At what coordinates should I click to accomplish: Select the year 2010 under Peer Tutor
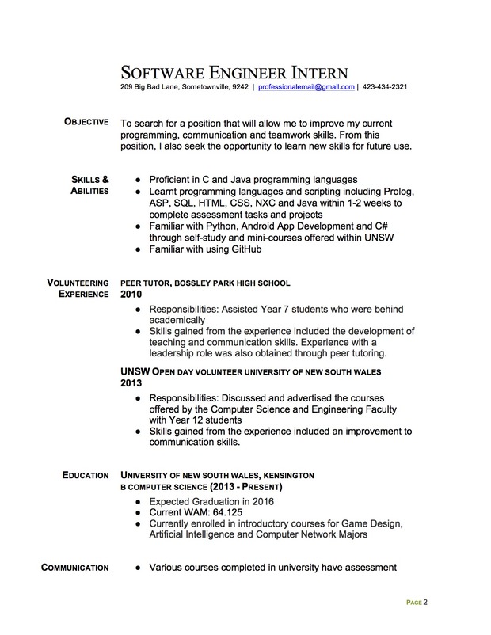tap(132, 294)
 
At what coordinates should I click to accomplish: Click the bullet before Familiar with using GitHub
tap(139, 249)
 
